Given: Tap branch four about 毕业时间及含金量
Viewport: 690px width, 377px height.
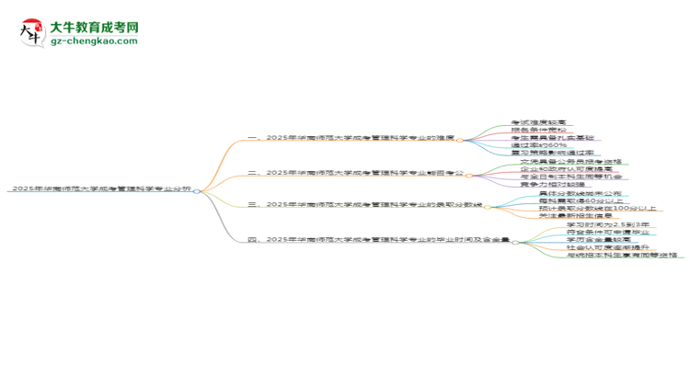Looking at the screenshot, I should [x=380, y=240].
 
